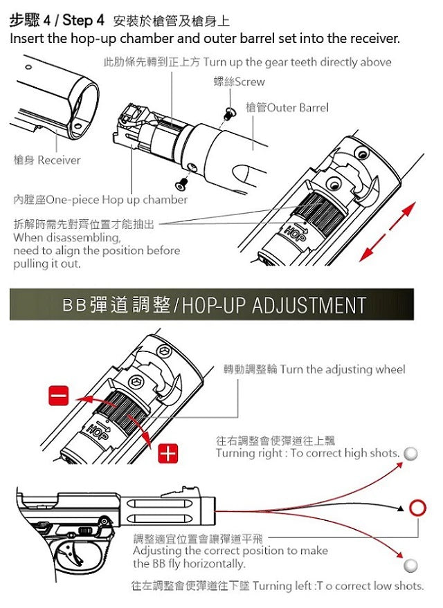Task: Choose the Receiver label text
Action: click(47, 160)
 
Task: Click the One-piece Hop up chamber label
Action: click(101, 200)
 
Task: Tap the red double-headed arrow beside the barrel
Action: click(388, 230)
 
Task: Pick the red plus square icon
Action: click(168, 454)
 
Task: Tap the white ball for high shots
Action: click(410, 454)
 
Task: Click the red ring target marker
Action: click(417, 508)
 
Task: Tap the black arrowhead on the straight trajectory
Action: click(400, 509)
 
